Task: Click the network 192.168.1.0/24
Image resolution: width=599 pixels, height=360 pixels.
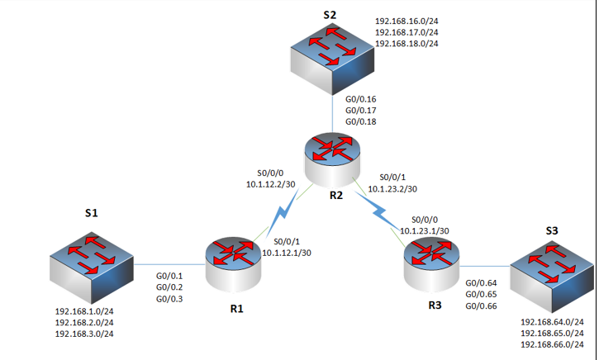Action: (84, 311)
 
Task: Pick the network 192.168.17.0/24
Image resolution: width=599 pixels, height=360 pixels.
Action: (406, 31)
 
